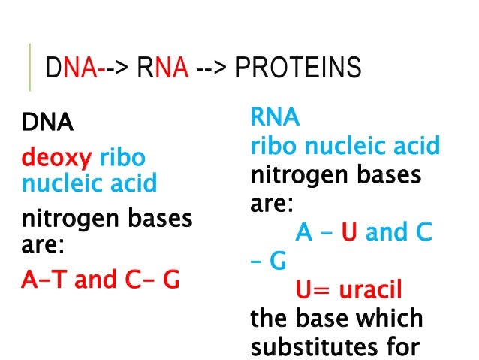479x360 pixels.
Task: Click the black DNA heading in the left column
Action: coord(47,121)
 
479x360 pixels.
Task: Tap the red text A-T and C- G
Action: coord(100,280)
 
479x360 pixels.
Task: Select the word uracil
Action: coord(369,289)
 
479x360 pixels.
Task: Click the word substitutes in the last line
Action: coord(326,347)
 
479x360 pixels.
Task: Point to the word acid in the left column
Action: coord(134,183)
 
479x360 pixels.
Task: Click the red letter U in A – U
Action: coord(348,233)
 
